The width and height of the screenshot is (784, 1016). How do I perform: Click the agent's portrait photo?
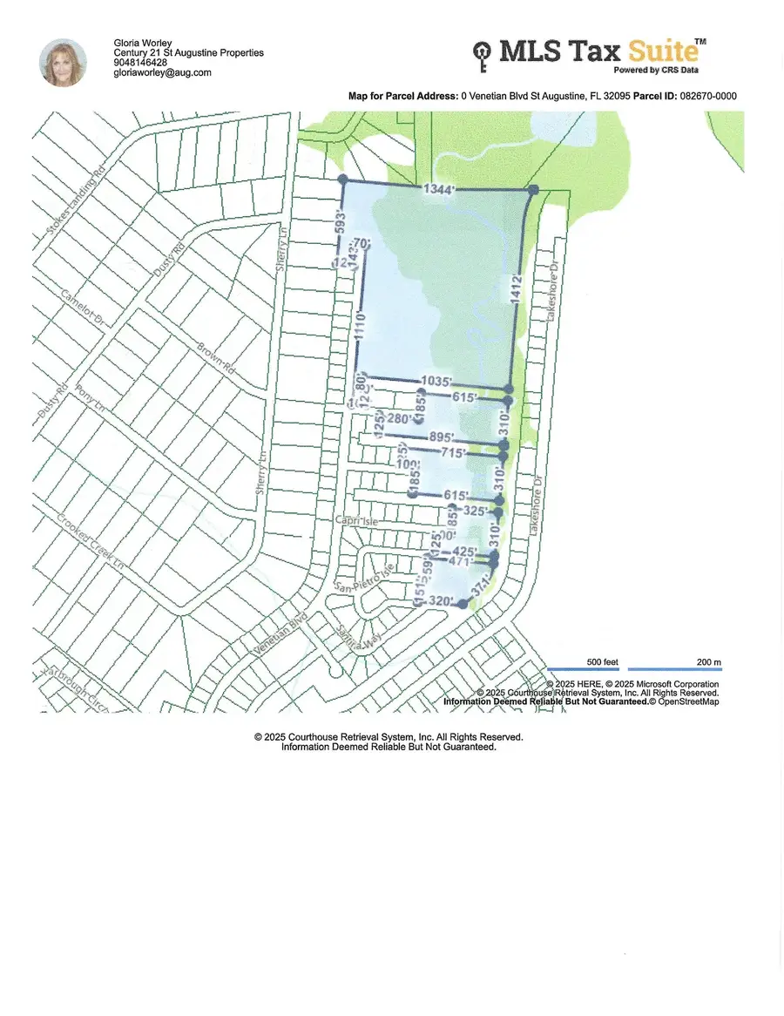click(x=63, y=62)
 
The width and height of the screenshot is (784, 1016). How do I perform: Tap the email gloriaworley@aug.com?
click(x=163, y=73)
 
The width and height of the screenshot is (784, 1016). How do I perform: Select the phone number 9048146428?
click(x=140, y=63)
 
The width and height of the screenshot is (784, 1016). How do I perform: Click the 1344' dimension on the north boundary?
click(x=439, y=189)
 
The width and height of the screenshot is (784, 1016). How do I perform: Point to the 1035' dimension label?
click(x=436, y=381)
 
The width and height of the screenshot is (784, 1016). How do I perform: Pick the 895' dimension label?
click(x=445, y=437)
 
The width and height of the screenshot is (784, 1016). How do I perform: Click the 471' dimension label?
click(x=459, y=563)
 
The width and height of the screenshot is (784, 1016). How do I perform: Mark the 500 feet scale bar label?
click(x=603, y=662)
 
